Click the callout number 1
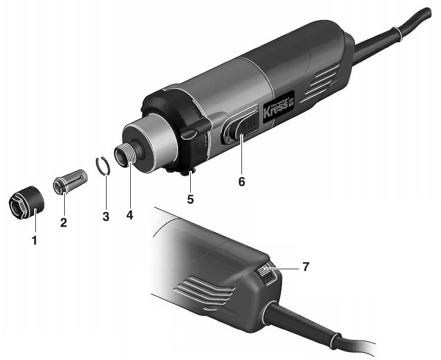click(x=34, y=241)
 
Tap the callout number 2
click(x=64, y=223)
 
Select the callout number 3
click(x=106, y=216)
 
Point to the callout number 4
click(x=130, y=215)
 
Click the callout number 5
click(x=190, y=200)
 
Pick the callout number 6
click(x=241, y=182)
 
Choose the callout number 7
click(x=306, y=267)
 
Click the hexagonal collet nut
click(x=26, y=202)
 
